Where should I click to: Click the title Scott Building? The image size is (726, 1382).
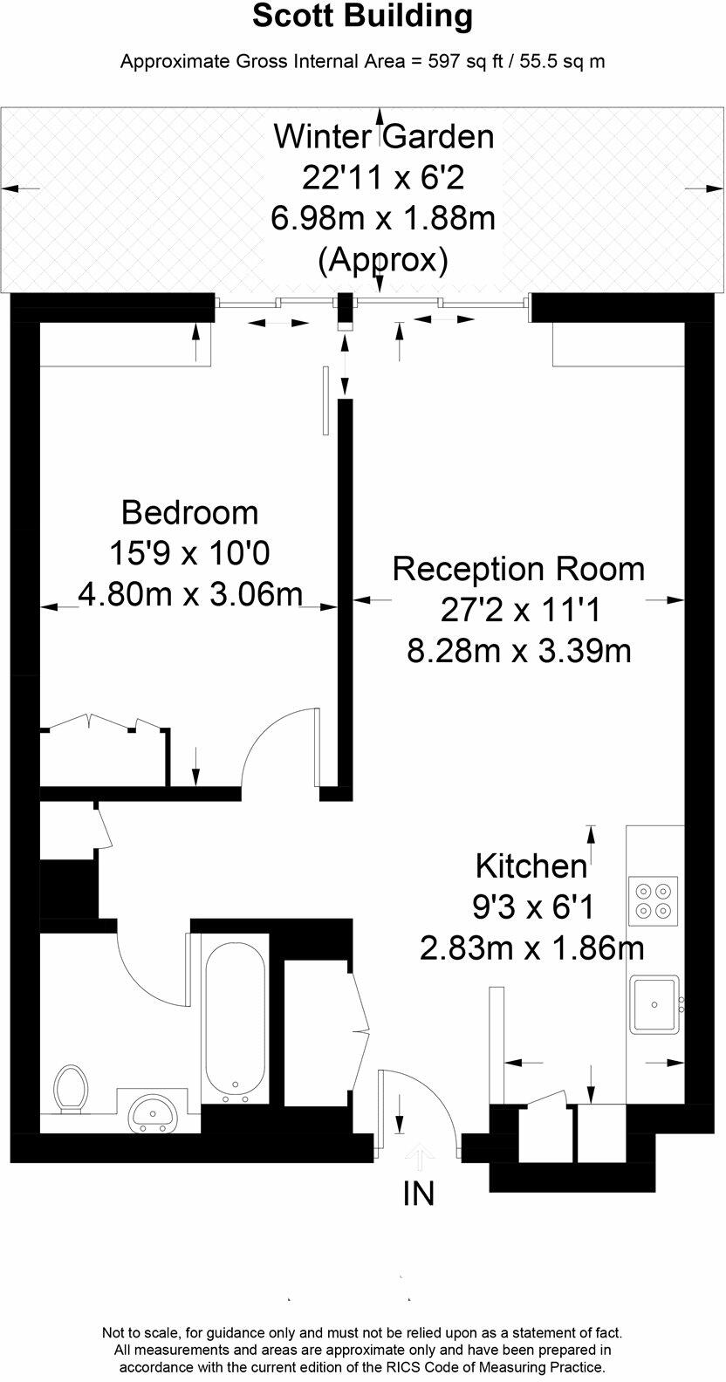pyautogui.click(x=362, y=16)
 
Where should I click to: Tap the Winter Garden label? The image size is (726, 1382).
pyautogui.click(x=383, y=137)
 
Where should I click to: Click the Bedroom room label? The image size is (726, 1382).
pyautogui.click(x=189, y=512)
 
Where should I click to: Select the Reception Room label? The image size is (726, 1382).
pyautogui.click(x=518, y=569)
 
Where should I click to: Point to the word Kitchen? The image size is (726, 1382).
pyautogui.click(x=531, y=866)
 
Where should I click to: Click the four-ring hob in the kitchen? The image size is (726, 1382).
pyautogui.click(x=654, y=901)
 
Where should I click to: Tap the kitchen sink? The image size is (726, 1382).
pyautogui.click(x=654, y=1003)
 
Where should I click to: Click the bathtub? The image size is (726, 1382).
pyautogui.click(x=235, y=1016)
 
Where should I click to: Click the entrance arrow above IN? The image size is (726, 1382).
pyautogui.click(x=419, y=1157)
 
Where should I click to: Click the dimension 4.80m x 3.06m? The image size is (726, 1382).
pyautogui.click(x=189, y=594)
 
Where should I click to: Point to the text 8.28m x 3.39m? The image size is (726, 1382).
pyautogui.click(x=518, y=651)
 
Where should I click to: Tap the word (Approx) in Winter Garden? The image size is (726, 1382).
pyautogui.click(x=383, y=259)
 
